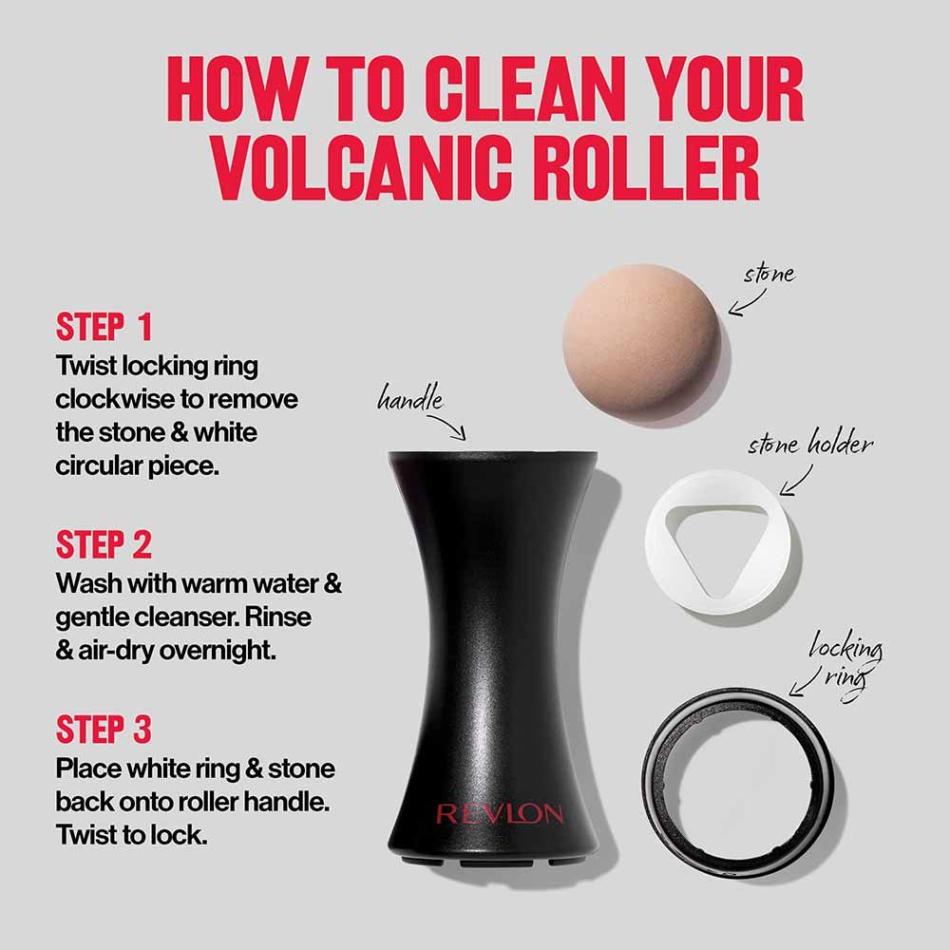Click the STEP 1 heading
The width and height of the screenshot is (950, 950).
point(104,327)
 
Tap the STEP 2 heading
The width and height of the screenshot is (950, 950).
point(104,545)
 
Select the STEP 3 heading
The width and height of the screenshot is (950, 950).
point(104,730)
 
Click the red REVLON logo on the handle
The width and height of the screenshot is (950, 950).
point(499,814)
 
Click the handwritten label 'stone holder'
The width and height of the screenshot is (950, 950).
point(809,445)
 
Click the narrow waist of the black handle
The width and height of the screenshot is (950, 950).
point(489,608)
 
